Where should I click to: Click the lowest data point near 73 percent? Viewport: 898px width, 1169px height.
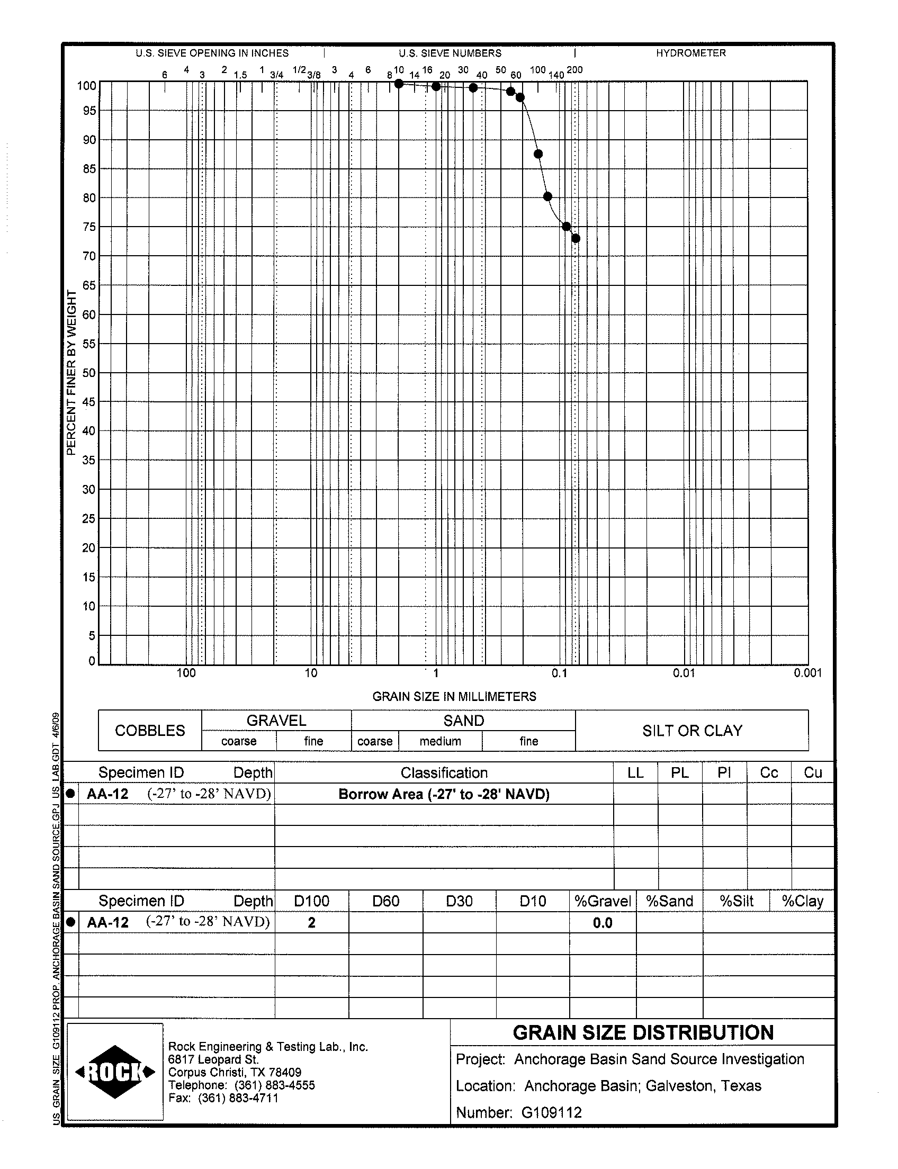pos(576,238)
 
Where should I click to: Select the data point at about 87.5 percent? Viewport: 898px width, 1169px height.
pos(538,154)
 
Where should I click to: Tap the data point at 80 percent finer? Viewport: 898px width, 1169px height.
pos(547,197)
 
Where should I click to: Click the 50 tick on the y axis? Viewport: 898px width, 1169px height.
pos(89,373)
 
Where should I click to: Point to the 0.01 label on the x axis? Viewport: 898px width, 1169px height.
pos(684,673)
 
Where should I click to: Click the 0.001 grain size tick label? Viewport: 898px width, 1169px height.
pos(807,673)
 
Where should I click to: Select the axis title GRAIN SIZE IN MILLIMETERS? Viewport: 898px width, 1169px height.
pos(454,697)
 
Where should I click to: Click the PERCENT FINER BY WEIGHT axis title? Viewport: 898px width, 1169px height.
pos(71,373)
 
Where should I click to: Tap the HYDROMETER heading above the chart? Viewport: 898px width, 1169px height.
pos(690,53)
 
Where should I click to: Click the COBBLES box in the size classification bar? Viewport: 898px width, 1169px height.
pos(150,730)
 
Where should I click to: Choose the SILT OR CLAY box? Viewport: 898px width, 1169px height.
pos(692,730)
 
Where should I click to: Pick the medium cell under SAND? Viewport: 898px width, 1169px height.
pos(440,741)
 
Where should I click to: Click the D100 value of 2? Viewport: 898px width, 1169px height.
pos(312,923)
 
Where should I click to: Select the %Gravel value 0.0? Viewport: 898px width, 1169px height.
pos(603,923)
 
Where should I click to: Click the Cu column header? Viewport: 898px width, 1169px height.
pos(812,773)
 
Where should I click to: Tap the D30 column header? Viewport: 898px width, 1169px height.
pos(459,901)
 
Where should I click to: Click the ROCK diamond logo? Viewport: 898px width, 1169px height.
pos(115,1072)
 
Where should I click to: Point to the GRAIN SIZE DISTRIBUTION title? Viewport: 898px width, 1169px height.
pos(643,1033)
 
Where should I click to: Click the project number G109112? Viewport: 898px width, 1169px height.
pos(552,1113)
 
